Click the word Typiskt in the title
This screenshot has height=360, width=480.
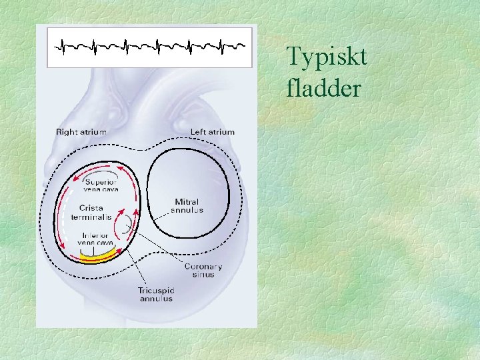[327, 58]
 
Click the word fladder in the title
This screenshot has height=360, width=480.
[323, 87]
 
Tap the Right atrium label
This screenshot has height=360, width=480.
[81, 132]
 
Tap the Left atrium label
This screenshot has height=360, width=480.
[213, 132]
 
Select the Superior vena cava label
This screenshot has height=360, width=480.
[99, 185]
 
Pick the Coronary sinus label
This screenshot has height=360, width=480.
[203, 271]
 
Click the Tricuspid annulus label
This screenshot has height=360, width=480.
[155, 294]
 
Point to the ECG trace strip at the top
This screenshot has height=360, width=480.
[149, 47]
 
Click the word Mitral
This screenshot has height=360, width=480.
[187, 202]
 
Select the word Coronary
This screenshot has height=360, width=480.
[203, 267]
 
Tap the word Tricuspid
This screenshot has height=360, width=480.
[155, 290]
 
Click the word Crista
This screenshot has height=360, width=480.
[90, 208]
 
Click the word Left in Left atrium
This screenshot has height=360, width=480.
[197, 132]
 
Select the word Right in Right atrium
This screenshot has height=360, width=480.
[67, 132]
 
